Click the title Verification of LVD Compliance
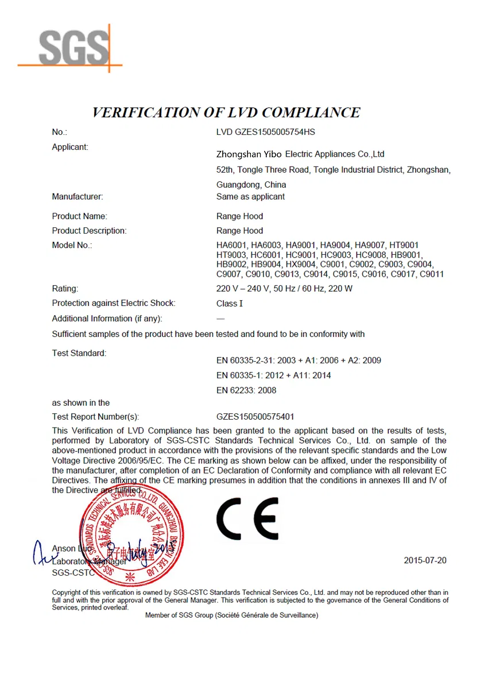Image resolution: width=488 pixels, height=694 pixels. click(226, 112)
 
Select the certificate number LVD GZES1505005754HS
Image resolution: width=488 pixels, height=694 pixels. click(266, 132)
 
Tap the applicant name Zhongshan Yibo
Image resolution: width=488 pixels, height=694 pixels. click(249, 154)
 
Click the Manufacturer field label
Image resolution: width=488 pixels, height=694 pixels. click(78, 197)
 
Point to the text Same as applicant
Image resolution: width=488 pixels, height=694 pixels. click(250, 197)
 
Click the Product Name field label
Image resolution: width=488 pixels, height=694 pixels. click(80, 216)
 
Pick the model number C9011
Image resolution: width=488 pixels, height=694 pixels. click(432, 274)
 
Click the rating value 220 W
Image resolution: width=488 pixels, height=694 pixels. click(340, 289)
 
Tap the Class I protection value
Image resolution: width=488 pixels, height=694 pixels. click(230, 304)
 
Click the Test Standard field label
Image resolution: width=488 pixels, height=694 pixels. click(79, 353)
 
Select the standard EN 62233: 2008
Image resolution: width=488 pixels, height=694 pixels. click(246, 390)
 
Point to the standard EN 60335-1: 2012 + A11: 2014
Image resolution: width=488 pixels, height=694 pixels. click(273, 375)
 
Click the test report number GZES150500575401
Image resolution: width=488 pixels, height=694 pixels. click(255, 417)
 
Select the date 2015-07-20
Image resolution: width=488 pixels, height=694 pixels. click(425, 560)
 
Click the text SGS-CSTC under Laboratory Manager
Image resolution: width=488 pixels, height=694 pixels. click(73, 573)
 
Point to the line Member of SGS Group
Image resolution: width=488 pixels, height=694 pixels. click(231, 615)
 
